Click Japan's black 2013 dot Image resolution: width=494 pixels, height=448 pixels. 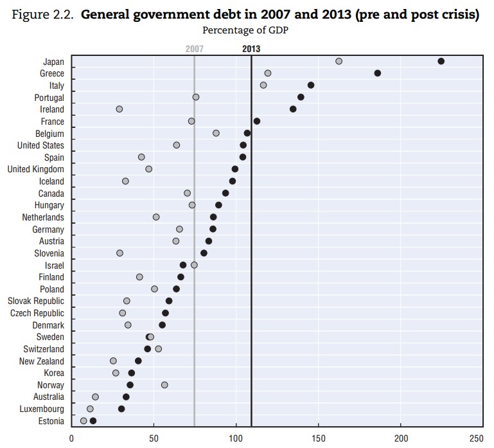pyautogui.click(x=441, y=61)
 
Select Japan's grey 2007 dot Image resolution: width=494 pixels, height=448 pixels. pyautogui.click(x=339, y=61)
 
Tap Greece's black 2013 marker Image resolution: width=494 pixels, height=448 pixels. pyautogui.click(x=377, y=73)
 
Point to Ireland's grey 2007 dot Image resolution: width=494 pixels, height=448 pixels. pyautogui.click(x=119, y=109)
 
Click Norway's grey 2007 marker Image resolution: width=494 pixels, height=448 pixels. pyautogui.click(x=164, y=385)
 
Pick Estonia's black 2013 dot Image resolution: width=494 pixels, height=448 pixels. pyautogui.click(x=93, y=421)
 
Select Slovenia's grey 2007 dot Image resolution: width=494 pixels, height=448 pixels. pyautogui.click(x=119, y=253)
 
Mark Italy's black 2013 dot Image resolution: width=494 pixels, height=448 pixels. pyautogui.click(x=311, y=85)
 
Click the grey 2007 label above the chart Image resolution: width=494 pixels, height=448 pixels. pyautogui.click(x=194, y=48)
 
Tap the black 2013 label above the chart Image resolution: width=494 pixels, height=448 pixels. pyautogui.click(x=251, y=48)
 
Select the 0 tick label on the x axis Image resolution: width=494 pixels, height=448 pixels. pyautogui.click(x=71, y=440)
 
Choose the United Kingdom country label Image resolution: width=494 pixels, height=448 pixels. pyautogui.click(x=35, y=169)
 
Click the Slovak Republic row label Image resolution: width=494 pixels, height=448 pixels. pyautogui.click(x=35, y=301)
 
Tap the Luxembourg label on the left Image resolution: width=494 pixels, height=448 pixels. pyautogui.click(x=40, y=409)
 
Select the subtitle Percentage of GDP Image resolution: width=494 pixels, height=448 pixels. pyautogui.click(x=243, y=30)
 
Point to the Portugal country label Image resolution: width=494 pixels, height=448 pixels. pyautogui.click(x=49, y=97)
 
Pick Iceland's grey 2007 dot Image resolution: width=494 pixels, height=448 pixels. pyautogui.click(x=125, y=181)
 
